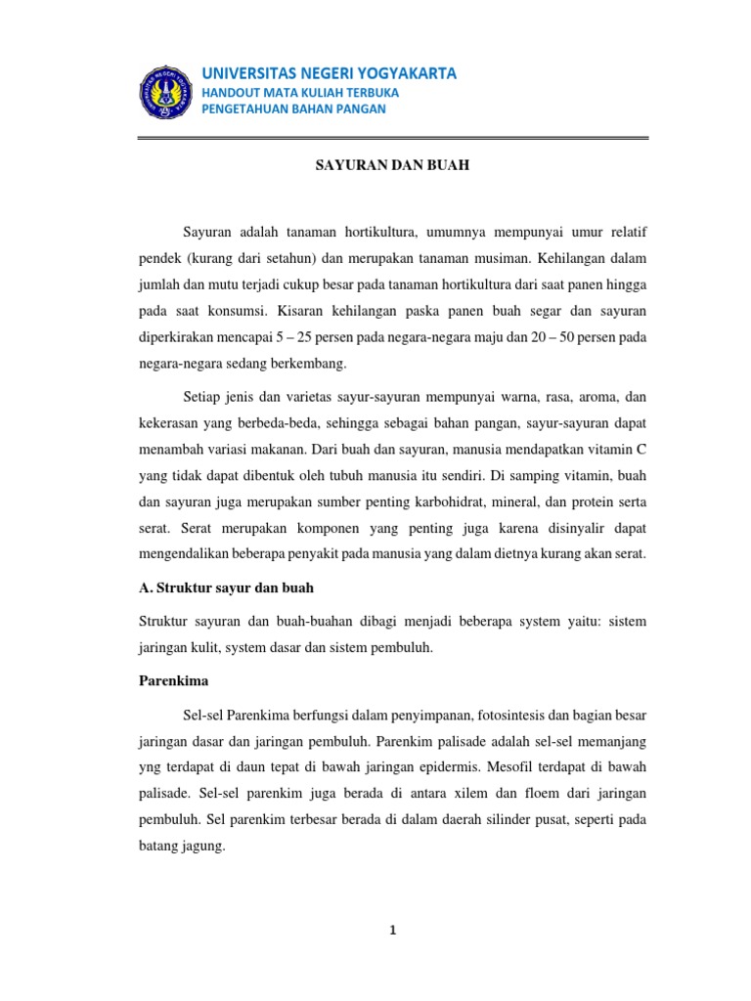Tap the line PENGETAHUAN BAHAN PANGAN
point(293,109)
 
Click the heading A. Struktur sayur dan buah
point(224,588)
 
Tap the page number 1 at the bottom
point(392,931)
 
